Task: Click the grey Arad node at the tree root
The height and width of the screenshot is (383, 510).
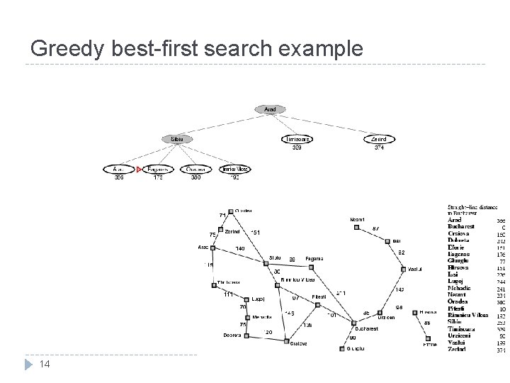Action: pyautogui.click(x=270, y=109)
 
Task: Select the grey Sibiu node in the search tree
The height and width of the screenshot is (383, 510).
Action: pyautogui.click(x=177, y=139)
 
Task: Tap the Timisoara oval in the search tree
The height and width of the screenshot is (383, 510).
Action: pyautogui.click(x=297, y=139)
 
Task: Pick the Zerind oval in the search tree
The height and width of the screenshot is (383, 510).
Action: pyautogui.click(x=379, y=139)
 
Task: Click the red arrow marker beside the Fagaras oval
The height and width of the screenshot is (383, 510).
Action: pyautogui.click(x=140, y=170)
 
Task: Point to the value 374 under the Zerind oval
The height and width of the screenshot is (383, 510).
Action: pyautogui.click(x=380, y=148)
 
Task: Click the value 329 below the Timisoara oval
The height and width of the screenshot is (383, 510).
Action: pyautogui.click(x=297, y=148)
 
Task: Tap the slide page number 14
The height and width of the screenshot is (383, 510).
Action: pyautogui.click(x=45, y=364)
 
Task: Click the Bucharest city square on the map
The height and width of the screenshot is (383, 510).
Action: pyautogui.click(x=353, y=323)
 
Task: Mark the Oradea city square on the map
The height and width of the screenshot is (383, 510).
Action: pyautogui.click(x=231, y=211)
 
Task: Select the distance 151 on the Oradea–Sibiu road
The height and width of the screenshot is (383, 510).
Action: pyautogui.click(x=256, y=232)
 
